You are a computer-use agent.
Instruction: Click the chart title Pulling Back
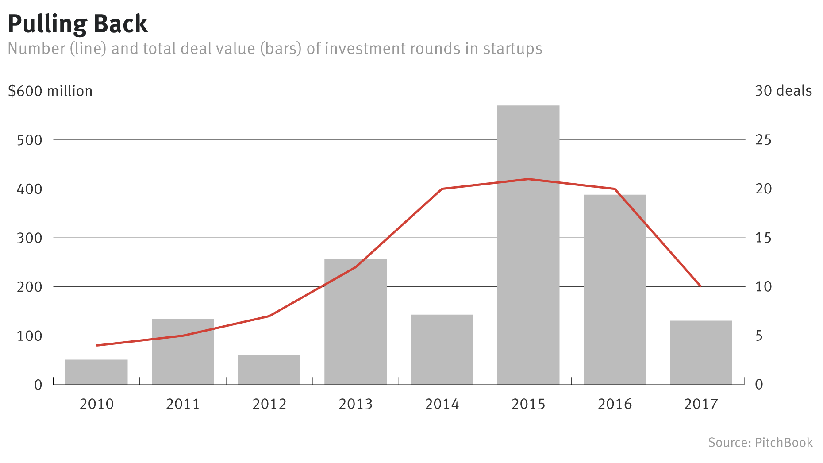coord(78,24)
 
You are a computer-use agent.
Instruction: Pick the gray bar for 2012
coord(269,370)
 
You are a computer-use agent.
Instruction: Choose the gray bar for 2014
coord(442,349)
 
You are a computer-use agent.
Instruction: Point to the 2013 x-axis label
coord(355,404)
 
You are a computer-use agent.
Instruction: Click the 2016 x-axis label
coord(615,404)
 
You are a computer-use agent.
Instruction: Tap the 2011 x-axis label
coord(183,404)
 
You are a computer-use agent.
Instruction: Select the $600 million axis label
coord(50,91)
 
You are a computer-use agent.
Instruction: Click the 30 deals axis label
coord(783,91)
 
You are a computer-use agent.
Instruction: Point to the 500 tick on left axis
coord(29,140)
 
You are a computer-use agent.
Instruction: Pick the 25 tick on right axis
coord(763,140)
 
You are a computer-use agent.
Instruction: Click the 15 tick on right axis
coord(763,238)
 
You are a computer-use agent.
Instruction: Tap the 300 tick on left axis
coord(29,238)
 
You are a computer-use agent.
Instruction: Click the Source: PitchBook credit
coord(760,443)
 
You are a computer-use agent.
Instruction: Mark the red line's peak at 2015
coord(528,179)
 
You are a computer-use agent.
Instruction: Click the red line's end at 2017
coord(700,286)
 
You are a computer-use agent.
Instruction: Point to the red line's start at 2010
coord(97,345)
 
